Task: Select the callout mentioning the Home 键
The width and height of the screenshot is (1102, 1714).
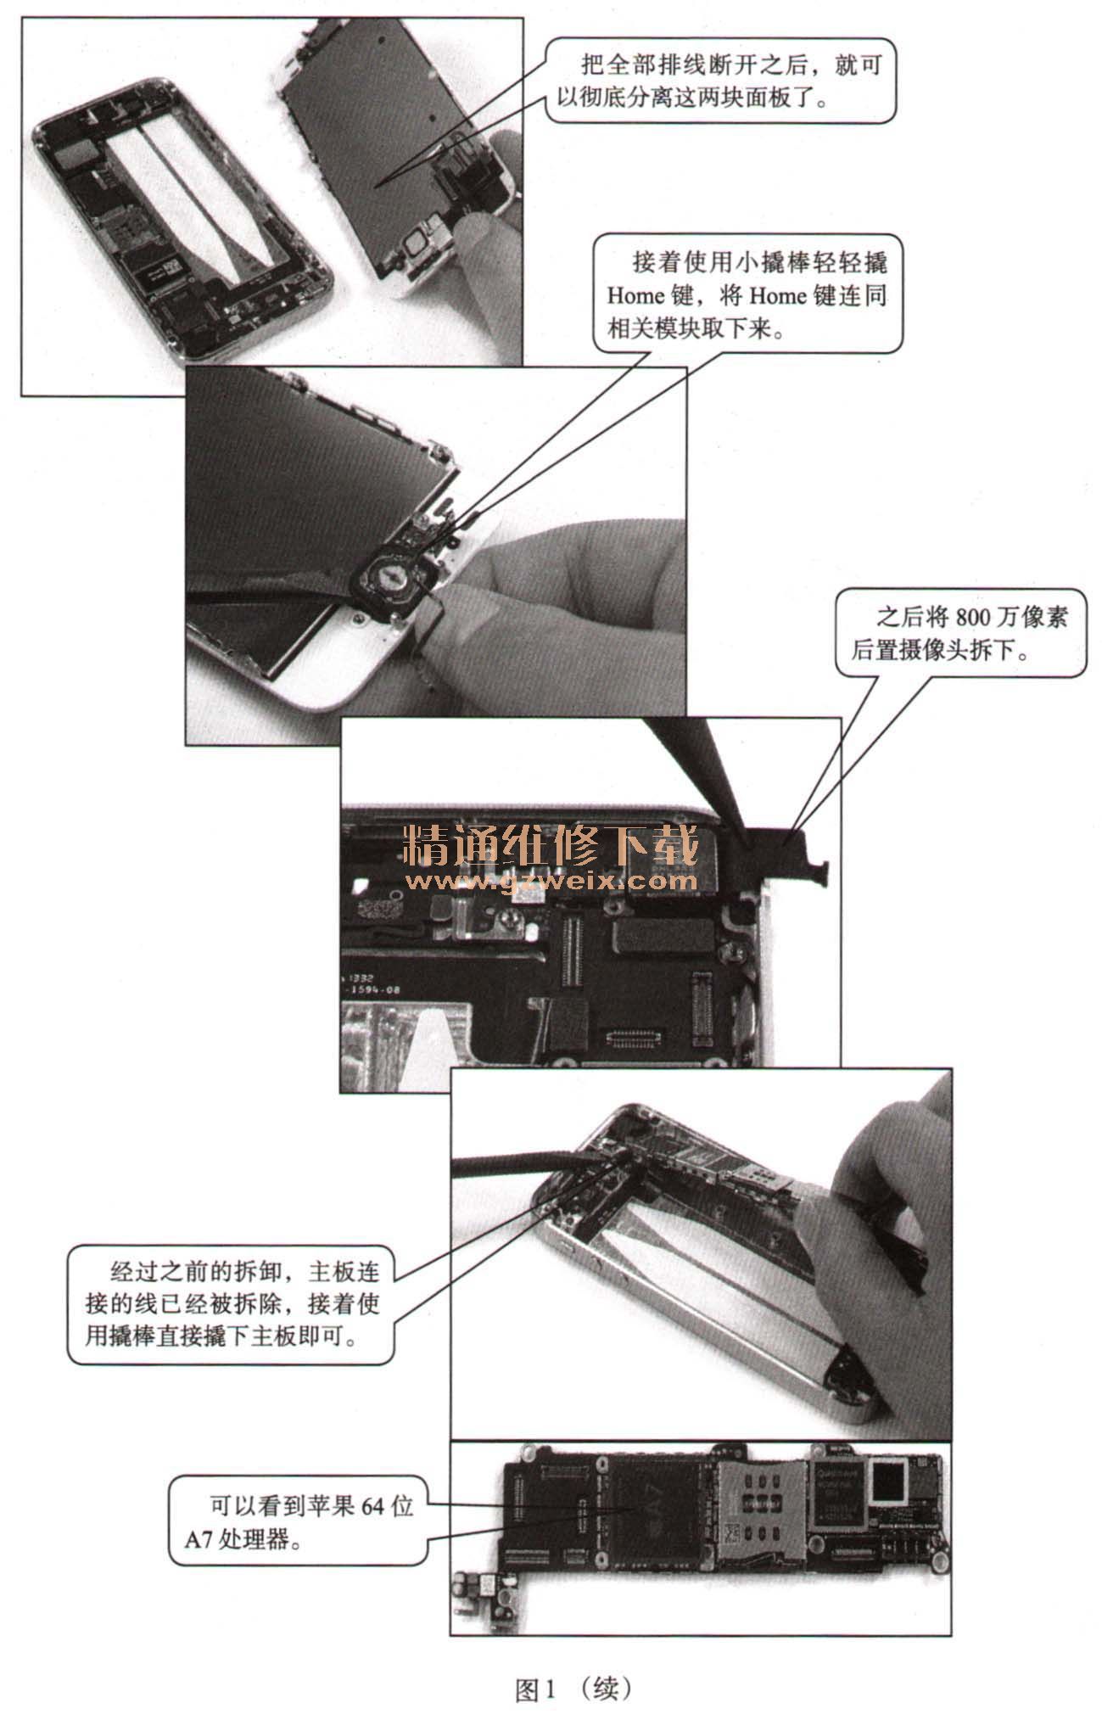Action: pos(747,294)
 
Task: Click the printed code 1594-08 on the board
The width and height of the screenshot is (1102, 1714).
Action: pos(372,989)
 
